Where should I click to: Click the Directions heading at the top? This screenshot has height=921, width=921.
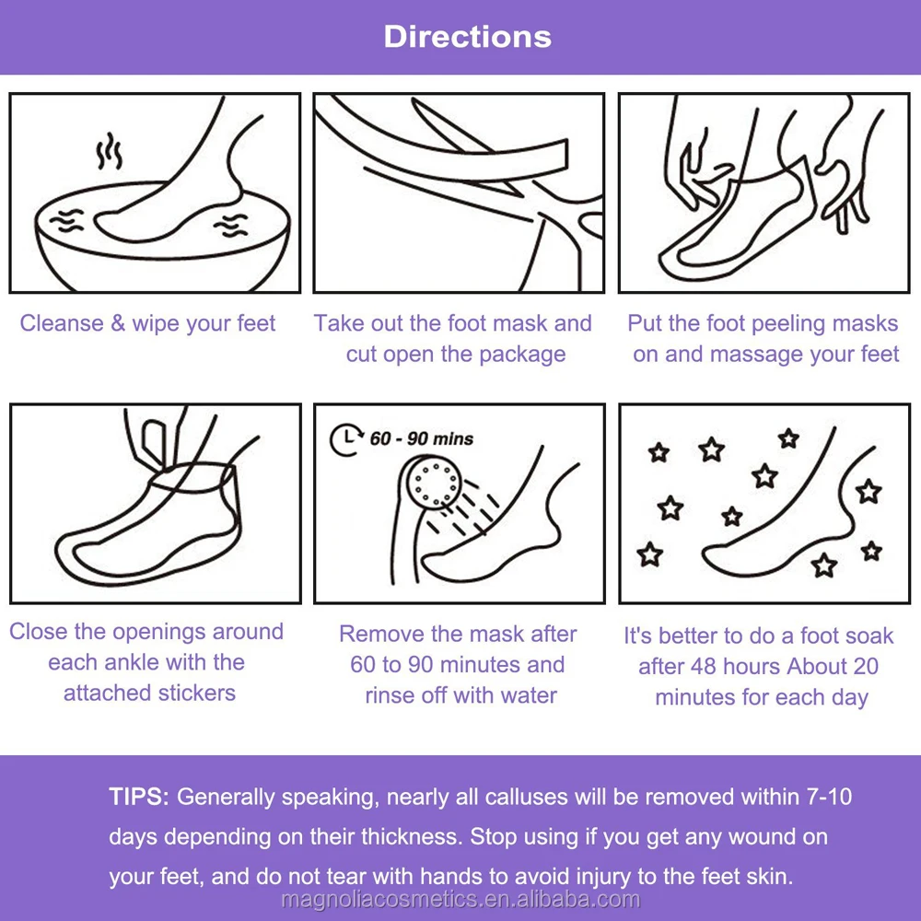pos(467,37)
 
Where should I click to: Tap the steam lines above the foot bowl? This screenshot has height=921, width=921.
pos(110,152)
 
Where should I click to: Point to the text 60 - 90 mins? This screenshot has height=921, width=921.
pos(422,438)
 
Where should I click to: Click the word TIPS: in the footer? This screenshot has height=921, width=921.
pos(139,797)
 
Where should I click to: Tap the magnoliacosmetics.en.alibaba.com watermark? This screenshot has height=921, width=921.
pos(460,900)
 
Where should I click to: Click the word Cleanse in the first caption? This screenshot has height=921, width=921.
pos(60,323)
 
